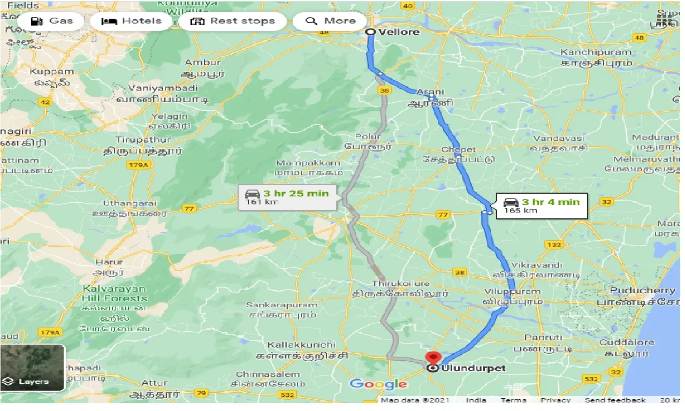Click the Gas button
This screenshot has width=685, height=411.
pos(52,21)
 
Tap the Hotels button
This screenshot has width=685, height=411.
pos(132,21)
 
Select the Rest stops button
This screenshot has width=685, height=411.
pos(233,21)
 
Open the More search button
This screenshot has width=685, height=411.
pos(330,21)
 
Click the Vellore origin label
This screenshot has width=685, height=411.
pos(399,32)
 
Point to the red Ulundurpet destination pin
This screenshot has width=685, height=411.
pos(432,357)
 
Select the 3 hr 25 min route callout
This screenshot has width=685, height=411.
pos(287,197)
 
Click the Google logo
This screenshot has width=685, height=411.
pos(378,384)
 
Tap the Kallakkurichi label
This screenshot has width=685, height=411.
pos(302,345)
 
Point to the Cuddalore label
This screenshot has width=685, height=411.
pos(627,342)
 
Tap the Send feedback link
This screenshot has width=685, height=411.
pos(615,400)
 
